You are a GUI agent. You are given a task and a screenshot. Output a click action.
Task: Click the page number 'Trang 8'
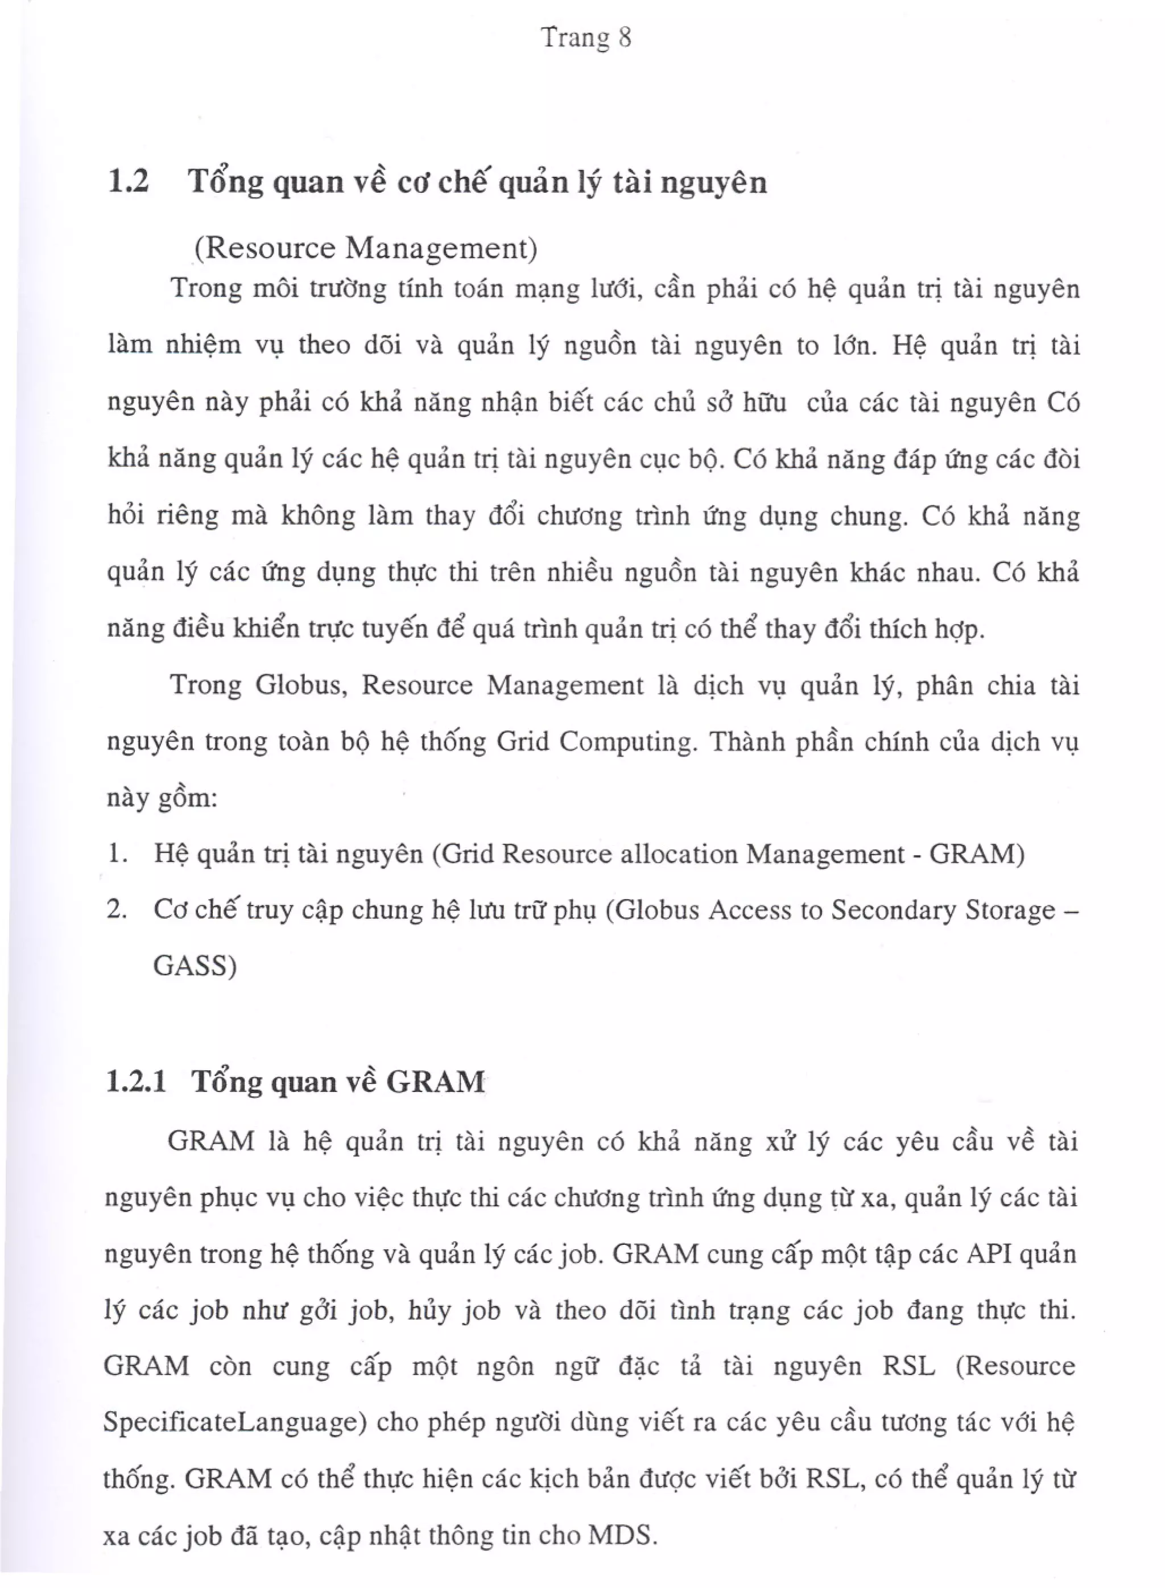click(586, 38)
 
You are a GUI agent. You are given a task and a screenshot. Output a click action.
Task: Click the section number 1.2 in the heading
click(129, 182)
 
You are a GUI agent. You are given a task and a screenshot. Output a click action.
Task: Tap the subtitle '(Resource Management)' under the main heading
click(365, 248)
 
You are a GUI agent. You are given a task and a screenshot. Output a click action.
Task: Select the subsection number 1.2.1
click(136, 1081)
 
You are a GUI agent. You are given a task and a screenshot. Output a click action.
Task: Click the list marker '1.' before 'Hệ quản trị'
click(118, 854)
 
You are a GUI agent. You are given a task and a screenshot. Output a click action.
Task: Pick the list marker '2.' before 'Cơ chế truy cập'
click(117, 910)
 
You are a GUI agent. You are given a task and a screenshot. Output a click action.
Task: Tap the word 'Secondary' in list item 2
click(891, 910)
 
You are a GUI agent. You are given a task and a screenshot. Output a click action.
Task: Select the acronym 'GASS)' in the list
click(195, 966)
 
